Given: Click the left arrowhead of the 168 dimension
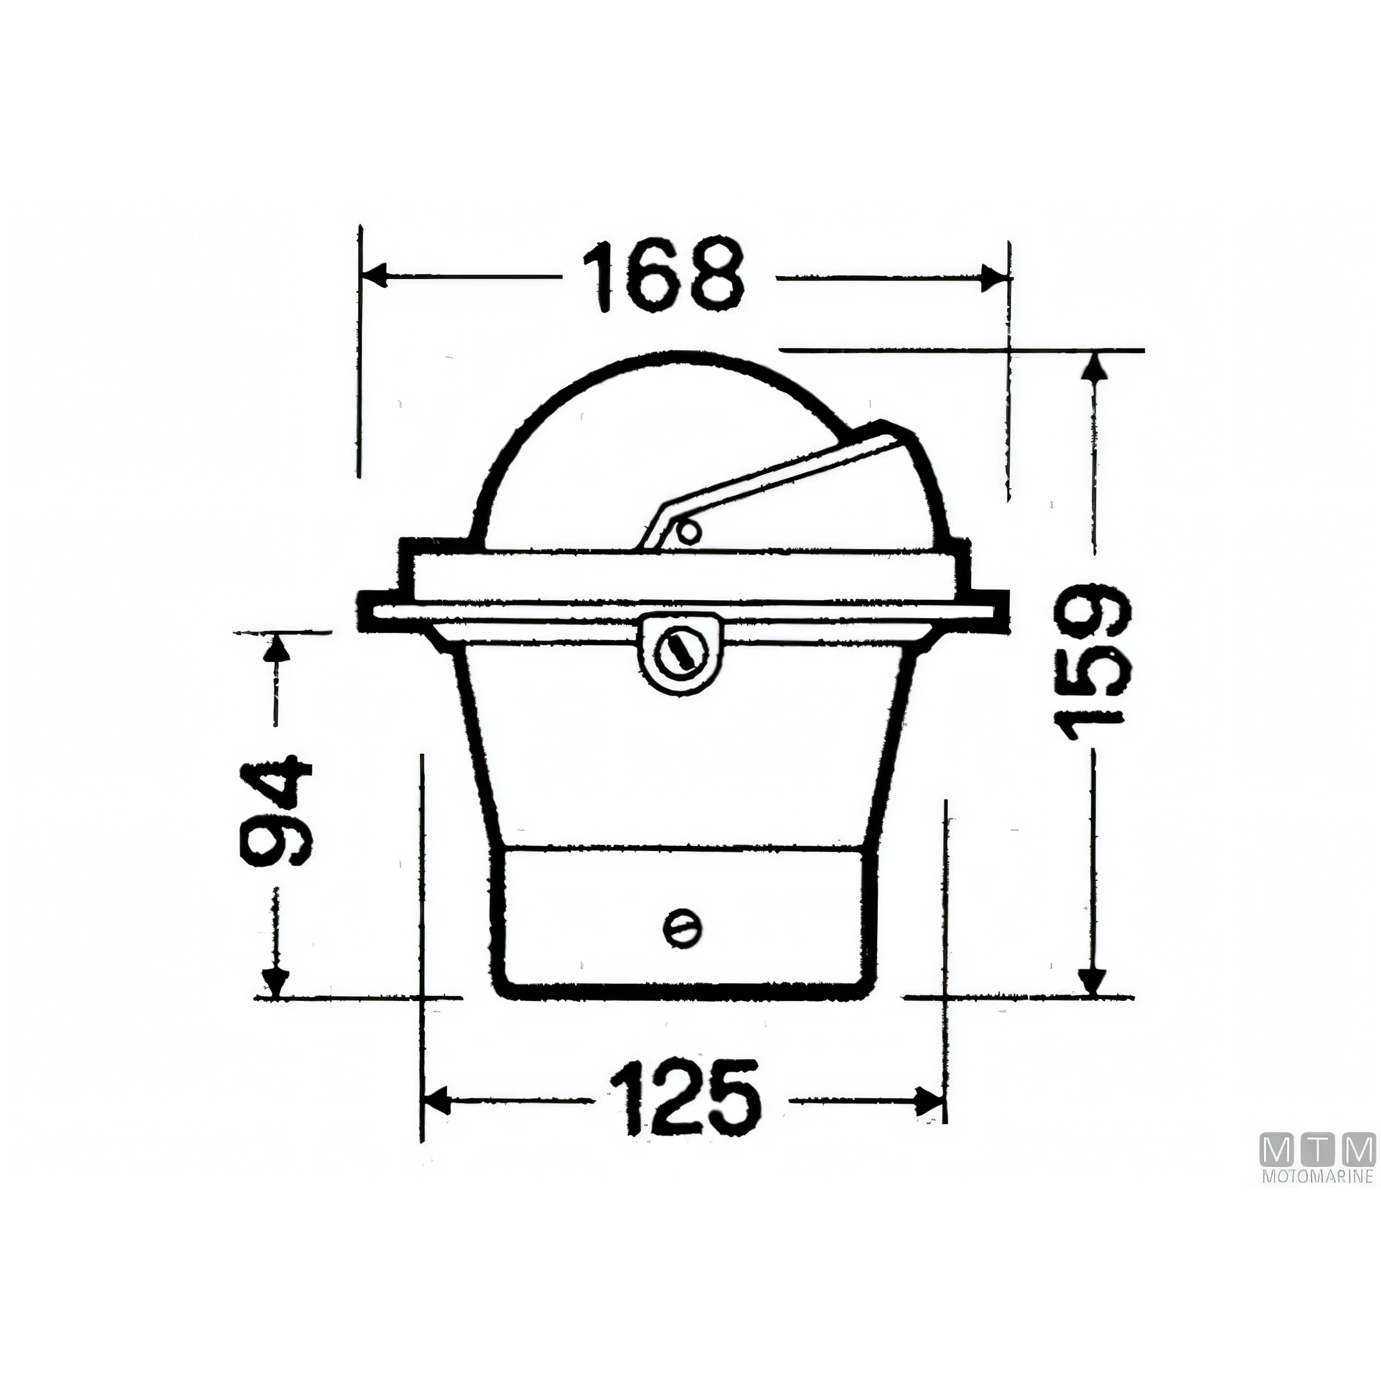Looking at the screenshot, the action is tap(373, 277).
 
